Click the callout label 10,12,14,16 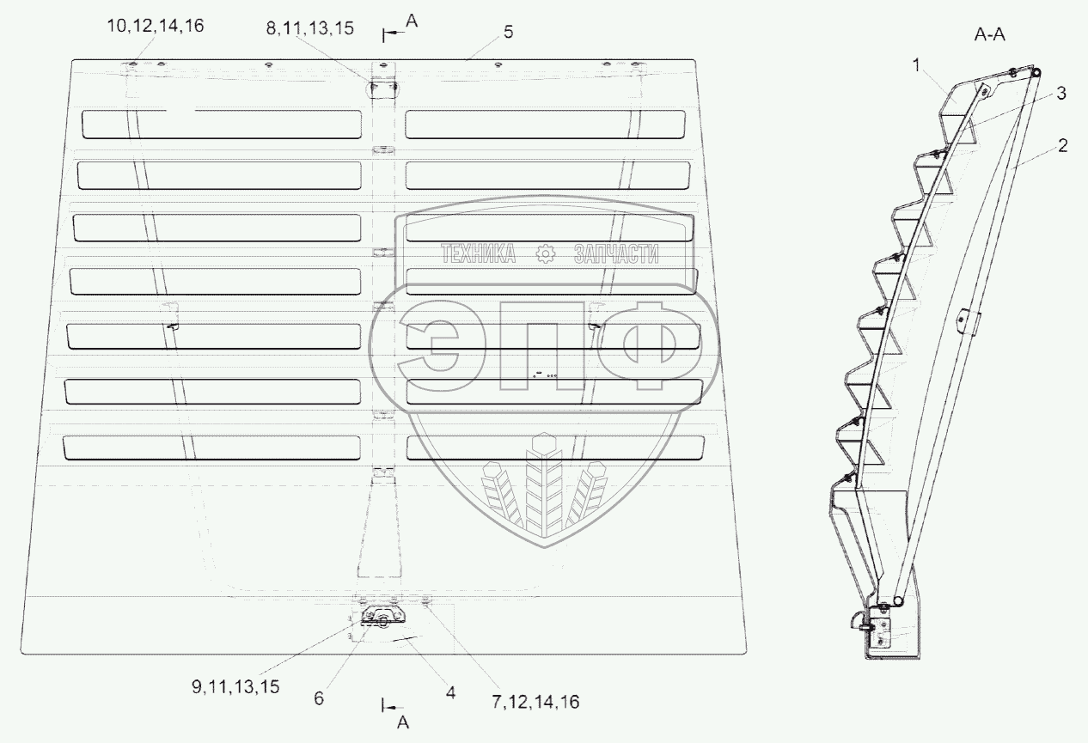(x=155, y=27)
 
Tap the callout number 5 (x=508, y=32)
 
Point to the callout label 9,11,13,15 (x=235, y=685)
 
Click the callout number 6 (x=319, y=699)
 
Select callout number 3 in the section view (x=1061, y=94)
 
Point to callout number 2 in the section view (x=1063, y=146)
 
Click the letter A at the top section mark (x=411, y=23)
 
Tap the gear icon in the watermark (x=543, y=253)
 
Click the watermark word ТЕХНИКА (x=478, y=253)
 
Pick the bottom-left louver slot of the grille (x=212, y=447)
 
